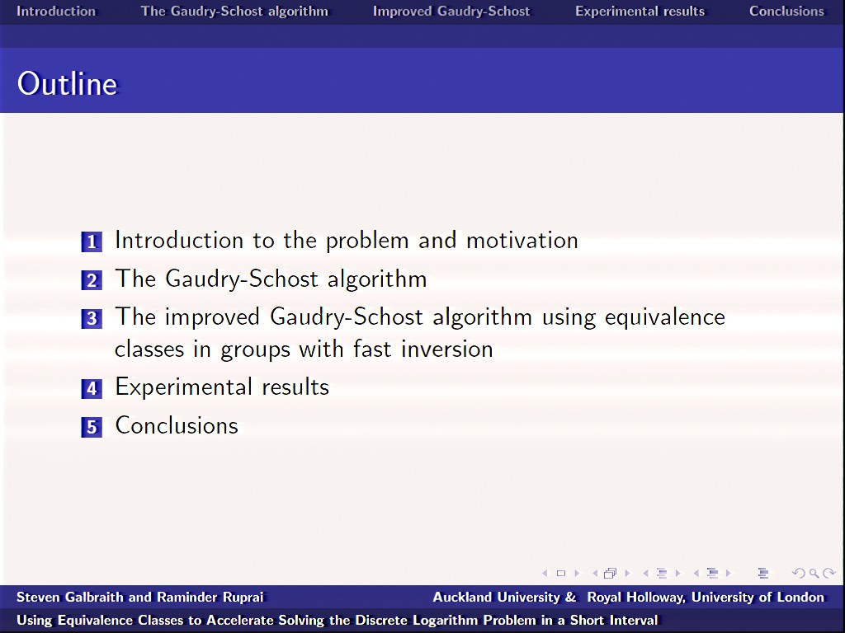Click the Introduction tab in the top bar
(56, 12)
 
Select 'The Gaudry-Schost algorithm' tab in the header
(234, 12)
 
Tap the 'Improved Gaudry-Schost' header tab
(451, 12)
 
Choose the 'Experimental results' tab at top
(640, 12)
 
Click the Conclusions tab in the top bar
(786, 12)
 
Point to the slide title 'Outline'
(68, 84)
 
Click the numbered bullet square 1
(92, 241)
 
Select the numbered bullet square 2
(92, 280)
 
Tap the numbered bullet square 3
(92, 318)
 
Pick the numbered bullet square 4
(92, 388)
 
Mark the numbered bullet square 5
(92, 427)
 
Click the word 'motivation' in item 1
(522, 241)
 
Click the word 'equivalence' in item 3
(665, 317)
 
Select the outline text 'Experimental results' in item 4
(222, 387)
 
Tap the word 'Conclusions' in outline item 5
(177, 426)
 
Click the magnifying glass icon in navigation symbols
(814, 574)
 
